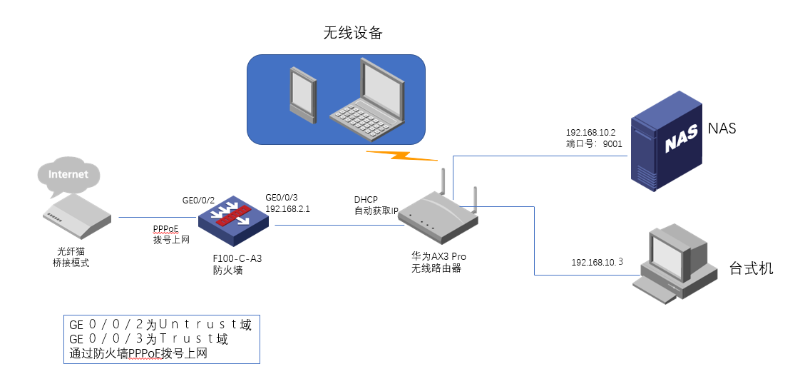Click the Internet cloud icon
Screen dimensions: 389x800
pos(68,175)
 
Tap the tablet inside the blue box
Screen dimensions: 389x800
pos(301,93)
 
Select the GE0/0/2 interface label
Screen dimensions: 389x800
pos(199,201)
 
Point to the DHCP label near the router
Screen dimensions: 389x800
pos(366,199)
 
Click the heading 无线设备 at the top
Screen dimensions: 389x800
pos(353,34)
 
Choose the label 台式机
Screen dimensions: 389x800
pos(751,268)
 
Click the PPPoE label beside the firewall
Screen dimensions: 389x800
pos(165,228)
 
